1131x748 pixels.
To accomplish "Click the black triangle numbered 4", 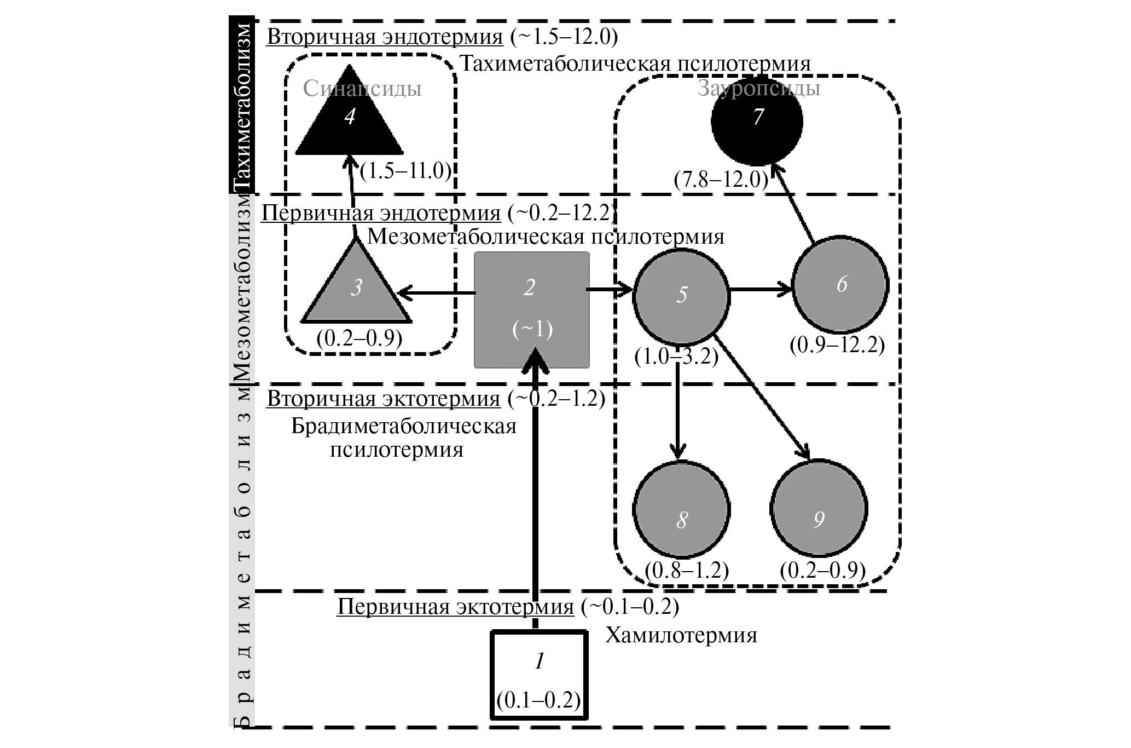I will coord(350,120).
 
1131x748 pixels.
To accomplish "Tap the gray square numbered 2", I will coord(531,309).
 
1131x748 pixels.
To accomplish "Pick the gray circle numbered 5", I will coord(681,295).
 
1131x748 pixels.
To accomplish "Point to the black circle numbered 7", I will coord(757,120).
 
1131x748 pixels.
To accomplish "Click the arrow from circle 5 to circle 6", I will coord(761,289).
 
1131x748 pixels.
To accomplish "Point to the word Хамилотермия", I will coord(681,636).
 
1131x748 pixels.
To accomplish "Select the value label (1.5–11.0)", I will coord(406,171).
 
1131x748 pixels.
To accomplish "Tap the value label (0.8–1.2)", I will coord(687,571).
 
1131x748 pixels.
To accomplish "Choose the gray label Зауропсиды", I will coord(759,88).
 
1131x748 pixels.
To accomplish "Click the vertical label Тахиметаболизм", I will coord(241,107).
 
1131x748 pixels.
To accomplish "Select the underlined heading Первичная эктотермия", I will coord(456,607).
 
